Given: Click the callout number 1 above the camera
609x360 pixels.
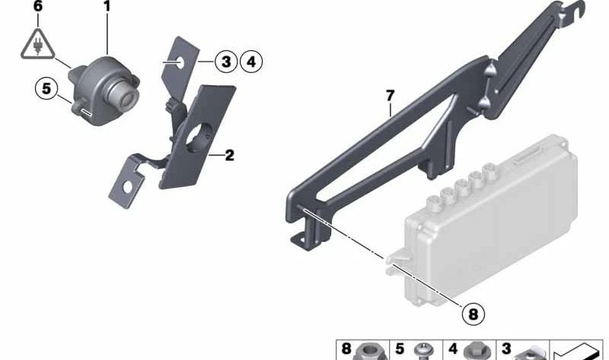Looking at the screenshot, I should pyautogui.click(x=107, y=7).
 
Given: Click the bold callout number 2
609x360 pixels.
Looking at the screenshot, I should pyautogui.click(x=229, y=156).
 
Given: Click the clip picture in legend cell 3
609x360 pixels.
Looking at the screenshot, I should pyautogui.click(x=525, y=353).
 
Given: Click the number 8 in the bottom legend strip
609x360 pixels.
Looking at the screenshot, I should pyautogui.click(x=347, y=349).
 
